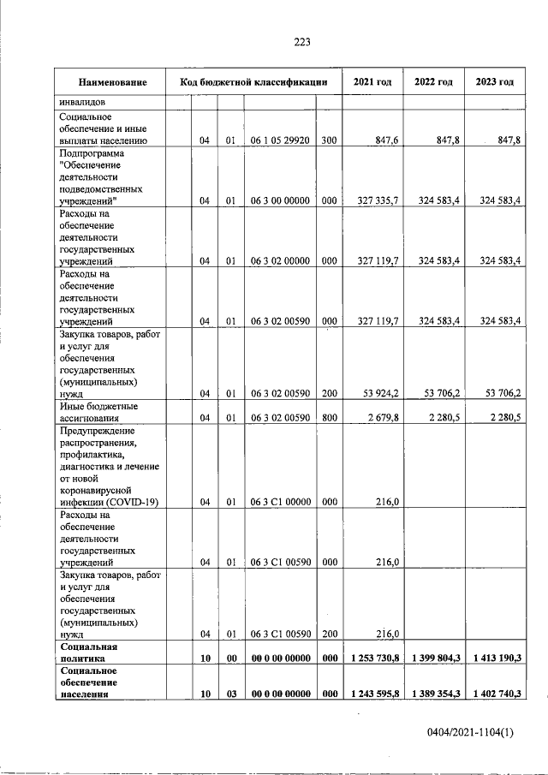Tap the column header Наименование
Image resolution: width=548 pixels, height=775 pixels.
click(x=111, y=82)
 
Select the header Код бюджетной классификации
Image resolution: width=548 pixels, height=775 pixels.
click(x=254, y=82)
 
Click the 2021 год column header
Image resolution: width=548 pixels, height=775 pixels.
click(x=372, y=82)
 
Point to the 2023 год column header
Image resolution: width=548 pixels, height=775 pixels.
click(x=494, y=82)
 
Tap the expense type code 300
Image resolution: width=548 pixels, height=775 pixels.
click(x=329, y=140)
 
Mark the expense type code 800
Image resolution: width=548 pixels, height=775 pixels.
click(x=329, y=417)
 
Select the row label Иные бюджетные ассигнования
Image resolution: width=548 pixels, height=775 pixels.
click(x=99, y=411)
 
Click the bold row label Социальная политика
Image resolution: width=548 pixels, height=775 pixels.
click(x=88, y=653)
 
